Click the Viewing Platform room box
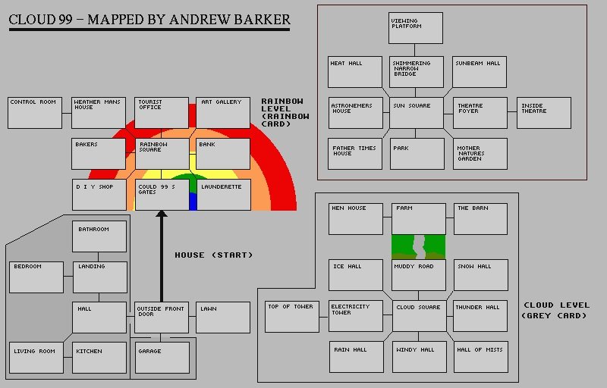click(x=415, y=28)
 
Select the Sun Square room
click(x=417, y=113)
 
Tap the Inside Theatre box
click(x=544, y=113)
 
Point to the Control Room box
click(x=35, y=113)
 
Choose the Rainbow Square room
click(x=162, y=154)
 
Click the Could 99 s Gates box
click(x=162, y=195)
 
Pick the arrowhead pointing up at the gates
click(x=162, y=213)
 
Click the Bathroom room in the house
click(x=99, y=236)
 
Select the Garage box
click(x=162, y=358)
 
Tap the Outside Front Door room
click(x=162, y=318)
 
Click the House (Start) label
click(x=214, y=255)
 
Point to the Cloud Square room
click(x=420, y=316)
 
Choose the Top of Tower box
click(x=292, y=317)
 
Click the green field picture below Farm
click(x=419, y=247)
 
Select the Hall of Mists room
click(x=481, y=357)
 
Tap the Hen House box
click(x=356, y=219)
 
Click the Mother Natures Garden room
click(x=480, y=154)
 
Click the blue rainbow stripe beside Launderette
click(x=193, y=202)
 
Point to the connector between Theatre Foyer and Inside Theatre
click(x=511, y=112)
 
